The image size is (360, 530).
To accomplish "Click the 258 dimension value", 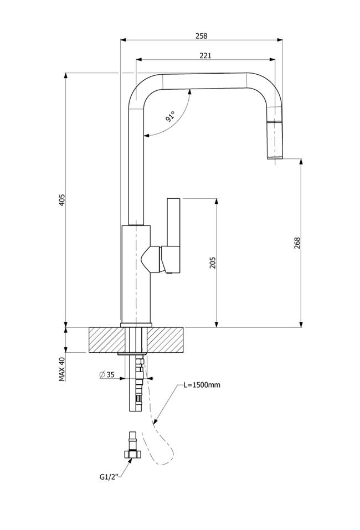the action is coord(201,35).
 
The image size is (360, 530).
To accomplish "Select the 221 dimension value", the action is coord(205,55).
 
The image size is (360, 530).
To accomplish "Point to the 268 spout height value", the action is coord(297,243).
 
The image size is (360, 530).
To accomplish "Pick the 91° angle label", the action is coord(171,116).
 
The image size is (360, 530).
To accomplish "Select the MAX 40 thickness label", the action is coord(62,369).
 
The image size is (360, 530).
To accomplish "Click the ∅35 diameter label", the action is coord(107,374).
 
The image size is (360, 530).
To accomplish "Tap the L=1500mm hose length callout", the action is coord(202,385).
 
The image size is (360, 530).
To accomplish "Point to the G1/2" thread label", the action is coord(110,477).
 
